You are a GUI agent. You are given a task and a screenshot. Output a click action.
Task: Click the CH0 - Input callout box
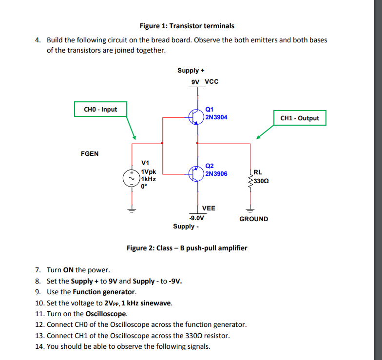[x=100, y=109]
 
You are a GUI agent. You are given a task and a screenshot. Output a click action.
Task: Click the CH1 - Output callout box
[x=300, y=118]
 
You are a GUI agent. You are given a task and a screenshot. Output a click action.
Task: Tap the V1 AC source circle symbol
[x=131, y=177]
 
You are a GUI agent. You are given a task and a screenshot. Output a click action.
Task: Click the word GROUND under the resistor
[x=253, y=219]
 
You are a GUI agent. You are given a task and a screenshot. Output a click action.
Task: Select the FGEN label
[x=89, y=154]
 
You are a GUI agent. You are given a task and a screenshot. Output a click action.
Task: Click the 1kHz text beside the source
[x=148, y=179]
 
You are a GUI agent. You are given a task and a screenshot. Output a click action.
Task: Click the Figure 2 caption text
[x=187, y=248]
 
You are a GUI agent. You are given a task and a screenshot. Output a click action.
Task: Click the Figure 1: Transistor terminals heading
[x=187, y=26]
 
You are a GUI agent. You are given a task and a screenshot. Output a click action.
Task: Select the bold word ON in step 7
[x=68, y=270]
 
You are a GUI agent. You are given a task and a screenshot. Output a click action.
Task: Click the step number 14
[x=40, y=346]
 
